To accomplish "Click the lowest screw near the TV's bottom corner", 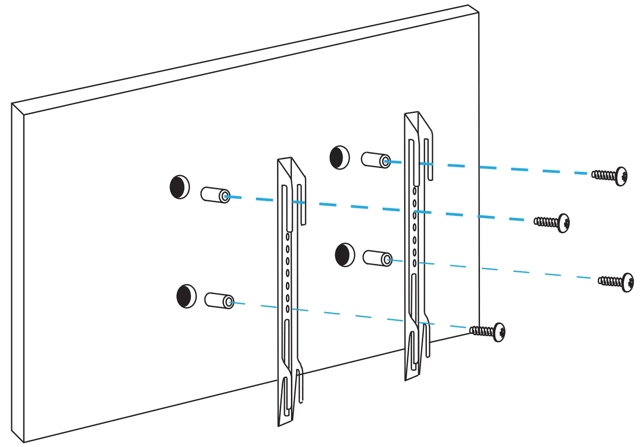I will (x=499, y=332).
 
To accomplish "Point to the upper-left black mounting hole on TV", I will (x=180, y=187).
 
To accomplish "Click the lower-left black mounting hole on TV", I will (x=186, y=296).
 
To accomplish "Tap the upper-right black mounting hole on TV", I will (x=339, y=157).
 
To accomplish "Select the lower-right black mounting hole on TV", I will (x=345, y=255).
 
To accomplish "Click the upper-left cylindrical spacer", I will (x=215, y=195).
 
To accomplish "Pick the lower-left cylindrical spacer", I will (x=219, y=300).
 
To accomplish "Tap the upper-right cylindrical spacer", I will (x=376, y=160).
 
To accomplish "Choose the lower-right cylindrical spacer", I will (x=378, y=258).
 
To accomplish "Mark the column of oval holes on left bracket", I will (x=287, y=272).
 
